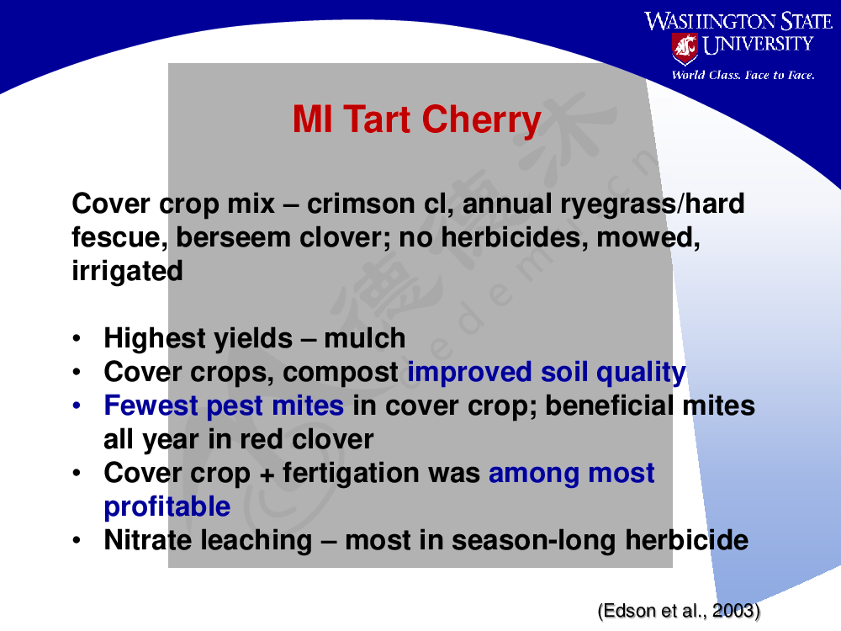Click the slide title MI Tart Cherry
pyautogui.click(x=417, y=119)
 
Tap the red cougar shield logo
pyautogui.click(x=685, y=48)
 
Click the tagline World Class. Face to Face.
pyautogui.click(x=743, y=75)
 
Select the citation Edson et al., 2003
pyautogui.click(x=679, y=611)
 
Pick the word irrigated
pyautogui.click(x=127, y=271)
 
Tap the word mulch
pyautogui.click(x=365, y=338)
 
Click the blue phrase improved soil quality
pyautogui.click(x=547, y=373)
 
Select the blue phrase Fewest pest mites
pyautogui.click(x=224, y=406)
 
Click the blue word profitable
pyautogui.click(x=167, y=506)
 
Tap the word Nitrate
pyautogui.click(x=155, y=540)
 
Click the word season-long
pyautogui.click(x=533, y=541)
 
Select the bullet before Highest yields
pyautogui.click(x=77, y=338)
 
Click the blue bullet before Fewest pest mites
pyautogui.click(x=77, y=406)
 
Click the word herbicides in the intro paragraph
pyautogui.click(x=515, y=238)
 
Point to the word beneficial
pyautogui.click(x=609, y=406)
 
